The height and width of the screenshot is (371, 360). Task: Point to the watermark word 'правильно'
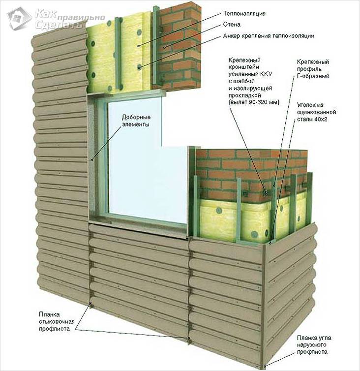[x=66, y=12]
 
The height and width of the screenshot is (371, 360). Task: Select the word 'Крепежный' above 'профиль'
[x=313, y=62]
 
